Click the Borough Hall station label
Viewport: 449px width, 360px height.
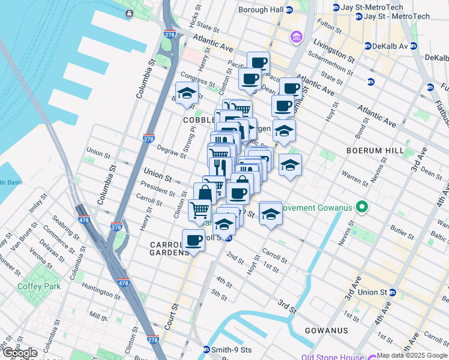click(x=261, y=10)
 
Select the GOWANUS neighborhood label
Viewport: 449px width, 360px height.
click(x=322, y=331)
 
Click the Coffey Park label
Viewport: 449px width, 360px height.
click(x=43, y=287)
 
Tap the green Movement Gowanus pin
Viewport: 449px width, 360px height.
click(x=361, y=208)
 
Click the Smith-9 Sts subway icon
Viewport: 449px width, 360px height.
click(x=207, y=350)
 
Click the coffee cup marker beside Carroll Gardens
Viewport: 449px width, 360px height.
click(x=193, y=241)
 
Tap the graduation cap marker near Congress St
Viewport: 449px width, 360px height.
click(x=187, y=94)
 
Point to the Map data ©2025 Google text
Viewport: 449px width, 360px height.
click(x=412, y=355)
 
